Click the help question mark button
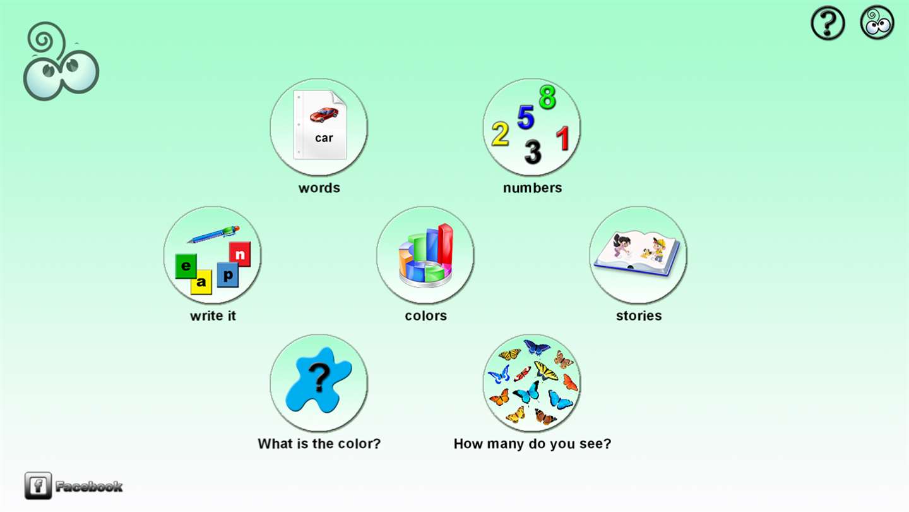tap(828, 23)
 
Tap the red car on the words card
tap(324, 114)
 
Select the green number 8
tap(547, 97)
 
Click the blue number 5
tap(525, 118)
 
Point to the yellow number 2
tap(500, 134)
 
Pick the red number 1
tap(563, 138)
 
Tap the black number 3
tap(533, 152)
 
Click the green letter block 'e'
tap(186, 266)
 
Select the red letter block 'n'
tap(240, 254)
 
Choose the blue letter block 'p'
tap(228, 275)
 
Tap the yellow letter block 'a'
tap(201, 282)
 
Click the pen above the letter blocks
tap(213, 235)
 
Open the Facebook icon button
tap(38, 485)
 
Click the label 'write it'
tap(213, 316)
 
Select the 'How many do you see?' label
tap(532, 444)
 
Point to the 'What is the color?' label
tap(319, 444)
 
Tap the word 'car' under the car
tap(324, 138)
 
